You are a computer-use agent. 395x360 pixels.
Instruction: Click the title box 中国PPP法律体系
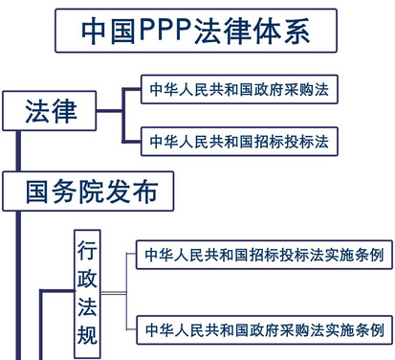197,31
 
